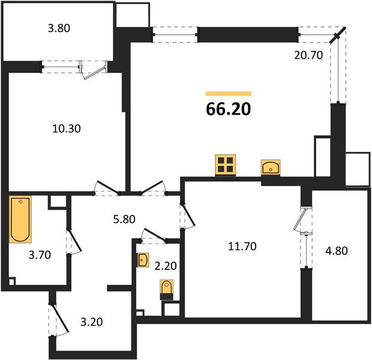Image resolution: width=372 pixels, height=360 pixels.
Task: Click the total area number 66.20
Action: coord(228,109)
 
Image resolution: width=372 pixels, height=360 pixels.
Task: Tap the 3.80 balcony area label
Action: coord(59,28)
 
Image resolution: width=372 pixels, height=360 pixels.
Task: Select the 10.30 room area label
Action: coord(67,128)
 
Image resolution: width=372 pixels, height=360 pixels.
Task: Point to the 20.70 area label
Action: coord(308,55)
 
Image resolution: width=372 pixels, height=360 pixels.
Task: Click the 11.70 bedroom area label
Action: coord(242,247)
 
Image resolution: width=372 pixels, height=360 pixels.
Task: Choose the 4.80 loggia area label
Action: coord(337,251)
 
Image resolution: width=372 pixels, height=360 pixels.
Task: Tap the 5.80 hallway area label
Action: coord(124,219)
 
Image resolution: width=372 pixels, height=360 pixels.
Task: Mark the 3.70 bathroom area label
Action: coord(40,255)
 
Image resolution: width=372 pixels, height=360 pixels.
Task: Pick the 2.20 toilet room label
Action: coord(166,266)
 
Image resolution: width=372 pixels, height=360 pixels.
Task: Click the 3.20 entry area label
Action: coord(92,322)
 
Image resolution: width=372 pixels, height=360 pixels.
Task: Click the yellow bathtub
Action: coord(20,220)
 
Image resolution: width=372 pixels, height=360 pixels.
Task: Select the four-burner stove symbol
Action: coord(226,165)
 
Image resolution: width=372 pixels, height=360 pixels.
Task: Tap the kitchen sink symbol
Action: coord(271,167)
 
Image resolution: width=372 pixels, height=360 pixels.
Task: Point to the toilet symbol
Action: coord(167,290)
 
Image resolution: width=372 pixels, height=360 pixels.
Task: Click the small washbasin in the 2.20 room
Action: coord(143,260)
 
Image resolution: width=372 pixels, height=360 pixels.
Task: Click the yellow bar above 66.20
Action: coord(229,94)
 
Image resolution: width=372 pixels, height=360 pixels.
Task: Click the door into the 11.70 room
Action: coord(187,216)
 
